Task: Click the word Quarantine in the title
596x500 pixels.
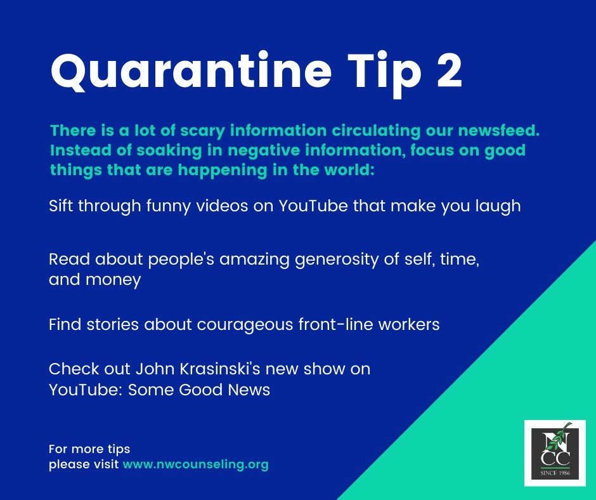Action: pos(191,72)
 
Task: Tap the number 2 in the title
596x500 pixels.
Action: pos(450,70)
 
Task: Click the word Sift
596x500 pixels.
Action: pos(62,206)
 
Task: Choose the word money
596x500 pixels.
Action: pos(113,280)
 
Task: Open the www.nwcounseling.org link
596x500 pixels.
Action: pos(196,465)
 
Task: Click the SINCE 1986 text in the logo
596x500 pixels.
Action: pos(555,473)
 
